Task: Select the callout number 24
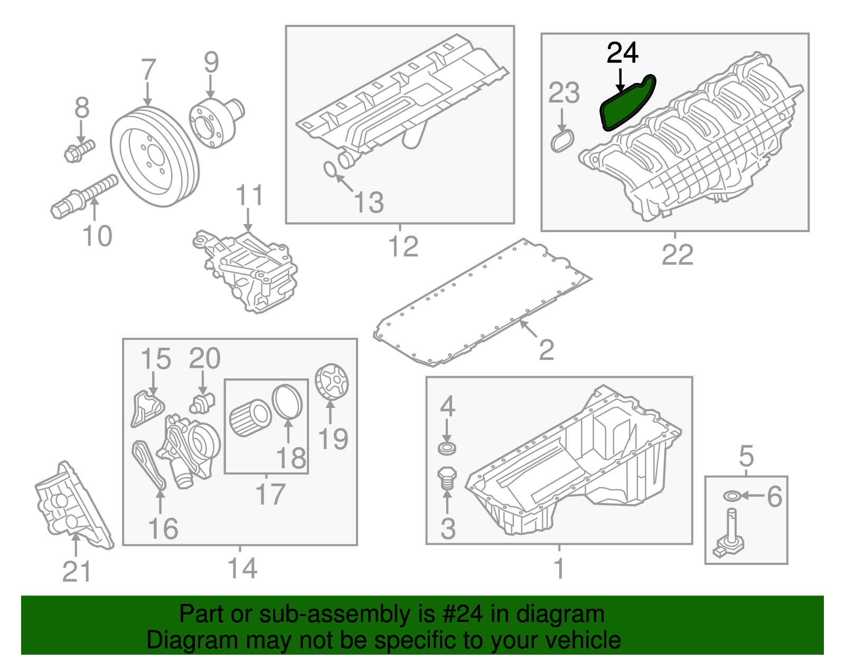[x=623, y=53]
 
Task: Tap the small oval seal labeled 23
[x=562, y=141]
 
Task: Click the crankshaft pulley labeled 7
[x=155, y=157]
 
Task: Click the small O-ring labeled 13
[x=329, y=169]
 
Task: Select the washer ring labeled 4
[x=447, y=449]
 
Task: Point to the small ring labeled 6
[x=731, y=496]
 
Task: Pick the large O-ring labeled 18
[x=287, y=402]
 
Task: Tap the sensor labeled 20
[x=202, y=402]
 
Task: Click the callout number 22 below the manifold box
[x=677, y=255]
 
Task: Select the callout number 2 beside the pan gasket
[x=547, y=349]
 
